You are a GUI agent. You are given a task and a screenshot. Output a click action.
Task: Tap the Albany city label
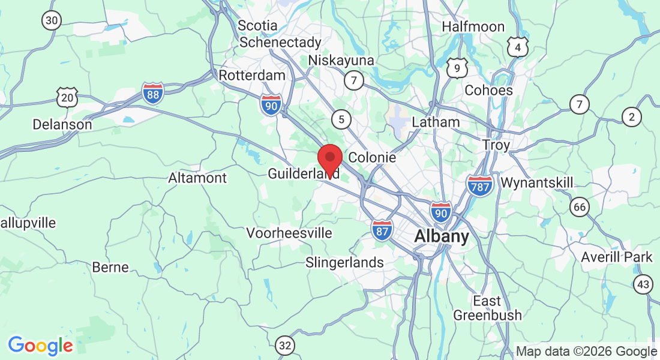pos(442,236)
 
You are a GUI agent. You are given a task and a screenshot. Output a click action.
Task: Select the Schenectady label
pos(280,43)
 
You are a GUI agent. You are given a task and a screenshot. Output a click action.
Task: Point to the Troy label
pos(496,145)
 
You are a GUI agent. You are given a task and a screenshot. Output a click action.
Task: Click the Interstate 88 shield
pos(153,94)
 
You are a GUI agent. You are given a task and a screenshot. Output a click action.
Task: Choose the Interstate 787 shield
pos(479,185)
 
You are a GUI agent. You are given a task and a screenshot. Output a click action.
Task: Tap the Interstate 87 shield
pos(382,230)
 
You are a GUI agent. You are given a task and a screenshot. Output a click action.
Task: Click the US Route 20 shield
pos(68,97)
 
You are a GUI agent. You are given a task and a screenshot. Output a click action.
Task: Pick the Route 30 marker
pos(52,20)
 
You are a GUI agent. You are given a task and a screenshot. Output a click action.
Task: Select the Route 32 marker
pos(286,345)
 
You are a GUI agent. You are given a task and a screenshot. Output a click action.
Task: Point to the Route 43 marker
pos(644,284)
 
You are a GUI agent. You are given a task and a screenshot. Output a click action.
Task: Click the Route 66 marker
pos(580,208)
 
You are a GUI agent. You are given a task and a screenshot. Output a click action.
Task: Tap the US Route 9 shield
pos(457,68)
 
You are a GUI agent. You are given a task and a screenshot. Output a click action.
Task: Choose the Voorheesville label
pos(289,233)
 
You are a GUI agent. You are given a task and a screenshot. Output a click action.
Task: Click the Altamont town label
pos(197,178)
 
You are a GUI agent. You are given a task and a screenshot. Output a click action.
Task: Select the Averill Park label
pos(617,257)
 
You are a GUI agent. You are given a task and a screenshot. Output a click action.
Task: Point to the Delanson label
pos(62,125)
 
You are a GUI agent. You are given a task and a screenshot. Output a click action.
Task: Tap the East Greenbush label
pos(487,308)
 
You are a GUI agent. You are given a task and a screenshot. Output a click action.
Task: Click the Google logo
pos(41,346)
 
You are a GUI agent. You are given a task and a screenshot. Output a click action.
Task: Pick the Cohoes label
pos(489,91)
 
